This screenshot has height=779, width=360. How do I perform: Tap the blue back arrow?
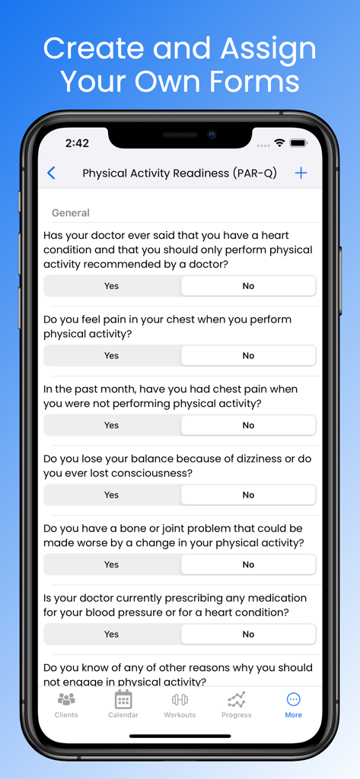tap(51, 173)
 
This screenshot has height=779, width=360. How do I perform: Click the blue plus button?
tap(301, 173)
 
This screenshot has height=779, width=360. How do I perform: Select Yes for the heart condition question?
tap(112, 286)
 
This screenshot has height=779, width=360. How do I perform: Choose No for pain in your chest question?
tap(248, 355)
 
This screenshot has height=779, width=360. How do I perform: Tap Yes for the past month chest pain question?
tap(112, 425)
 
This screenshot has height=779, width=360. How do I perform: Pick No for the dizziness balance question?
tap(248, 494)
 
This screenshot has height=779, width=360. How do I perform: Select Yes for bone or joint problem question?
tap(112, 564)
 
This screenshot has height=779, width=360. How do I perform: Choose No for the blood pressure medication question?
tap(248, 634)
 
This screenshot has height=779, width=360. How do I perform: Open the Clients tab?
tap(66, 704)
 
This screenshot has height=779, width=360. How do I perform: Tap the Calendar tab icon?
tap(123, 700)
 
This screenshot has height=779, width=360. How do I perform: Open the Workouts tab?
tap(180, 704)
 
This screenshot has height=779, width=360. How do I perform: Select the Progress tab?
tap(236, 704)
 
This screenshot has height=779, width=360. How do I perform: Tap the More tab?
tap(293, 704)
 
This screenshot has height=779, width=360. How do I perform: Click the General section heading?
tap(71, 213)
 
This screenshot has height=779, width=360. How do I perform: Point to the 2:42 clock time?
tap(77, 143)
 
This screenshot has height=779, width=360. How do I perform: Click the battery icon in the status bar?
tap(298, 143)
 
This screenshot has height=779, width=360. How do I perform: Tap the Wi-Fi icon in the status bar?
tap(279, 143)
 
